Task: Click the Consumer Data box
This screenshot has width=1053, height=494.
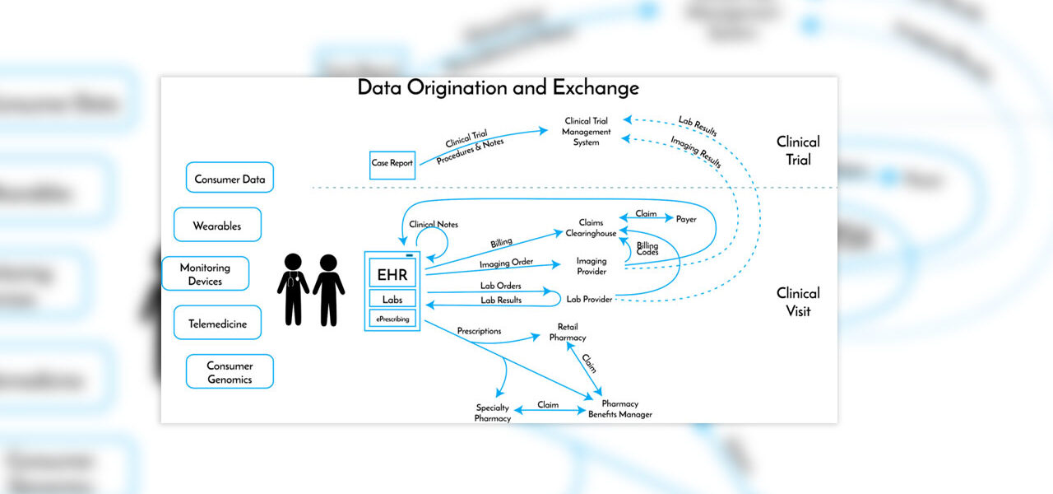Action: (229, 178)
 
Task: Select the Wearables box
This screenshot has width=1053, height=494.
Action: (217, 225)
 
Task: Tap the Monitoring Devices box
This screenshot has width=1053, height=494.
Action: (205, 274)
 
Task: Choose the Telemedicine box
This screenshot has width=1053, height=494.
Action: (217, 323)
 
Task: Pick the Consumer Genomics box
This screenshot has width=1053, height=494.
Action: (230, 372)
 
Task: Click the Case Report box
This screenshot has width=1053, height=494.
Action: (392, 163)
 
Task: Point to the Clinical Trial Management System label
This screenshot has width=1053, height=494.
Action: (587, 132)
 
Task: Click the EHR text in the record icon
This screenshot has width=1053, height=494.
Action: (392, 273)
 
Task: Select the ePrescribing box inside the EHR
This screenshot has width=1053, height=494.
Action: (392, 318)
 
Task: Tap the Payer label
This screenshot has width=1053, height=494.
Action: (686, 219)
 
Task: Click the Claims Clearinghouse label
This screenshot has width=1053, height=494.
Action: (591, 228)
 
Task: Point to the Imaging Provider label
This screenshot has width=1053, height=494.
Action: (591, 266)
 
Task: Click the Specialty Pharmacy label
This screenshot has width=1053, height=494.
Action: (493, 413)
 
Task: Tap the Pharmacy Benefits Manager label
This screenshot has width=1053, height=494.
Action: (620, 409)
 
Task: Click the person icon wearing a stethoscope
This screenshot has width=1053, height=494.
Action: (293, 289)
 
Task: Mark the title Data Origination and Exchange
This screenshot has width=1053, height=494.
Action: (498, 87)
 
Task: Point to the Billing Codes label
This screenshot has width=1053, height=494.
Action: (647, 249)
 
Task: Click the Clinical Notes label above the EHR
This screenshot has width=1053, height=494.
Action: (434, 224)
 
